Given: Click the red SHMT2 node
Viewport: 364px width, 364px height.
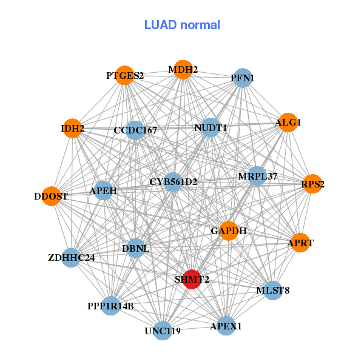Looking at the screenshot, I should (x=192, y=279).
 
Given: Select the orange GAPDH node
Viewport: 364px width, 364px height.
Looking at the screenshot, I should (x=228, y=231).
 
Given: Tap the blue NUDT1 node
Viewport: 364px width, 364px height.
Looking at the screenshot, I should (x=210, y=127).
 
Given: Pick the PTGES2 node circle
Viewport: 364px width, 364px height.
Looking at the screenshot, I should (x=124, y=75).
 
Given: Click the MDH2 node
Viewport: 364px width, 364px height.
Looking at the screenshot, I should (x=183, y=70).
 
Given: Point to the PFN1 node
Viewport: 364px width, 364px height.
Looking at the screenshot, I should (x=242, y=78).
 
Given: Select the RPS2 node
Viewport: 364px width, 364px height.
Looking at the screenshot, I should (x=312, y=184).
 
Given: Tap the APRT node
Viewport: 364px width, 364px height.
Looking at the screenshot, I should (x=300, y=243).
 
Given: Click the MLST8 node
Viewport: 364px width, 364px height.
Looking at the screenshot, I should (x=272, y=291).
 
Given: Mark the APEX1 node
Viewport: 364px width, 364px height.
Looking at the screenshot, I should (x=226, y=326).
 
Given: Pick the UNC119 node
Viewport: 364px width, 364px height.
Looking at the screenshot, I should (x=162, y=331).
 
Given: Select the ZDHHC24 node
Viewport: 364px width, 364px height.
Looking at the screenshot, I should (x=71, y=258).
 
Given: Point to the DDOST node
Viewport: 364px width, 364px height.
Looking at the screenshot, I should (x=52, y=196).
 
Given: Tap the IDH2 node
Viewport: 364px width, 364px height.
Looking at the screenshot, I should (x=72, y=128).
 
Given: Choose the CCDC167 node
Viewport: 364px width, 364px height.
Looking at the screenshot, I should (x=135, y=130).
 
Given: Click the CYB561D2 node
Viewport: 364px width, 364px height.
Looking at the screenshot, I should (x=173, y=182).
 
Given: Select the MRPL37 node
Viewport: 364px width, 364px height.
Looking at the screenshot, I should (x=257, y=177).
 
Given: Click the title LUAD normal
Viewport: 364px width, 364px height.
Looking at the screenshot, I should (x=182, y=25).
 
